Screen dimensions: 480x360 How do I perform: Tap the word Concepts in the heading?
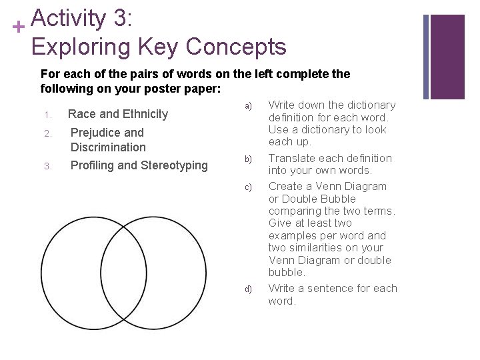(x=236, y=47)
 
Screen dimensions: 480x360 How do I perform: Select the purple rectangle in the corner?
(x=447, y=56)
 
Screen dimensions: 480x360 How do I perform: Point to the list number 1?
(x=47, y=115)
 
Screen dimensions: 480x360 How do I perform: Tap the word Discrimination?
(x=108, y=147)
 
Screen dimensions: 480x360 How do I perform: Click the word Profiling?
(x=92, y=165)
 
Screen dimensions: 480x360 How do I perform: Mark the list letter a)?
(x=248, y=105)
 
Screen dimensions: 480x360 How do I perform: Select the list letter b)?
(x=248, y=159)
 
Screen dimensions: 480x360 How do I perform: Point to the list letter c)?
(x=248, y=187)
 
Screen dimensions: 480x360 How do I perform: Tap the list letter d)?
(x=248, y=289)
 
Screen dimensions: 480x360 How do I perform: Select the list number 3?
(x=47, y=166)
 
